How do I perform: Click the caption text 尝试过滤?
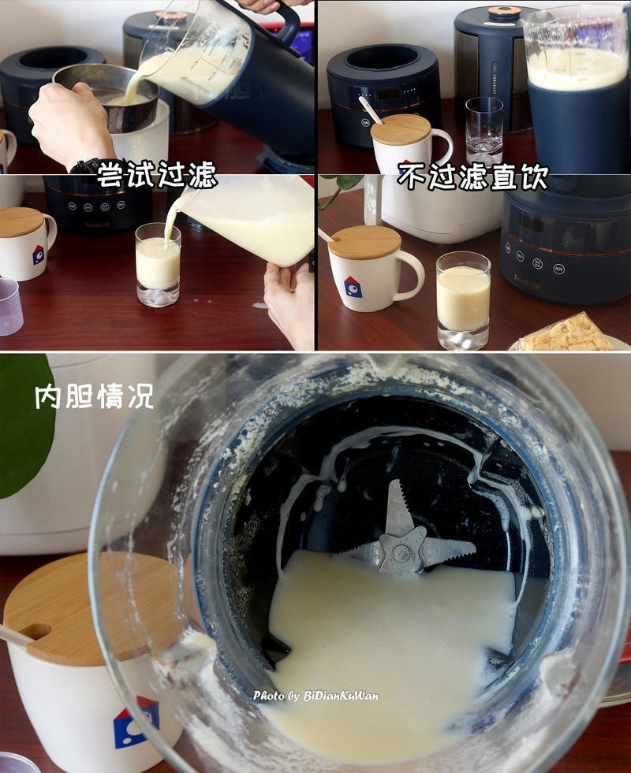click(157, 175)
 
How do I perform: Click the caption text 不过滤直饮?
click(472, 175)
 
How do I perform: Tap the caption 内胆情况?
click(94, 396)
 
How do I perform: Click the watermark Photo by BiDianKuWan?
click(315, 696)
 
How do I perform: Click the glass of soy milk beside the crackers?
click(463, 299)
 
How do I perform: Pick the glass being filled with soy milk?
click(158, 265)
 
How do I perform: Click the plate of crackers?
click(568, 334)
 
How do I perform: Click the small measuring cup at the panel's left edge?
click(9, 307)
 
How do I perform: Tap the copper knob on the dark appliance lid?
click(504, 12)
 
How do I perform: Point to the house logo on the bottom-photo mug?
click(135, 722)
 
